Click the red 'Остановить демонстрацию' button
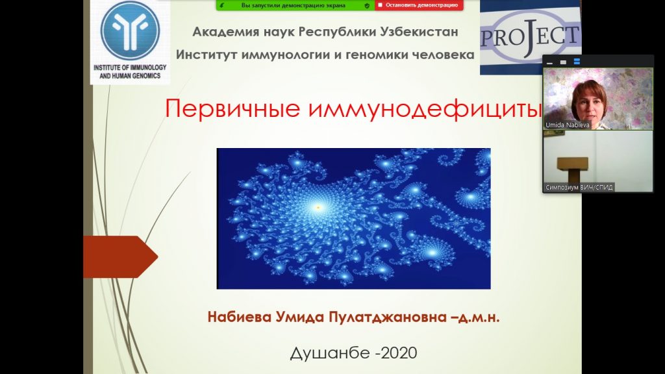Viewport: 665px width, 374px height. [x=419, y=5]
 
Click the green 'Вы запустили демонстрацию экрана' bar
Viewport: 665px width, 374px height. [x=295, y=5]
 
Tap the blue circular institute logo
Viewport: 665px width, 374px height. [x=130, y=30]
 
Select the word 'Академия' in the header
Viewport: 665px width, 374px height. [x=223, y=32]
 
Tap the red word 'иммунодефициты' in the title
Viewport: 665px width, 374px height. [x=425, y=109]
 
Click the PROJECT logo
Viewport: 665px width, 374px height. [x=531, y=37]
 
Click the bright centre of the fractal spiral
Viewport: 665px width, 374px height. [x=318, y=207]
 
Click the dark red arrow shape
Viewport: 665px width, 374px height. [x=120, y=256]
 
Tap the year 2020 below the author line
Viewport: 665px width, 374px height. [x=399, y=353]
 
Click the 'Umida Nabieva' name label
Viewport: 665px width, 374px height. [x=568, y=125]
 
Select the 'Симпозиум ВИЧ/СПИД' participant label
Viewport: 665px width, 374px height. [x=579, y=187]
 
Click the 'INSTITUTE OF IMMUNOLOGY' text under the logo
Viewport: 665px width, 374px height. [x=130, y=68]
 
